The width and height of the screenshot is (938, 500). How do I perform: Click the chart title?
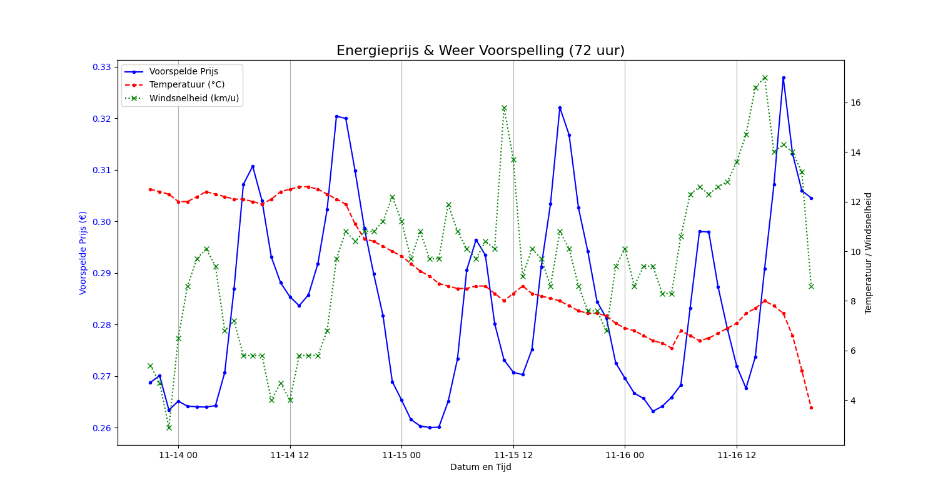pyautogui.click(x=480, y=51)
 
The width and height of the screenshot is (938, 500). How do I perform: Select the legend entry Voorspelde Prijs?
pyautogui.click(x=183, y=71)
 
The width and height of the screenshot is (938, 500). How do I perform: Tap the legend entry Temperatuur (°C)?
pyautogui.click(x=187, y=85)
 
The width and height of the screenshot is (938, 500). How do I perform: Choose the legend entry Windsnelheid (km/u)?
pyautogui.click(x=194, y=98)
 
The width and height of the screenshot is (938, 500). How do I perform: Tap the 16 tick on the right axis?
pyautogui.click(x=854, y=102)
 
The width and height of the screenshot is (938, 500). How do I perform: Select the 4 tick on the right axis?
pyautogui.click(x=852, y=400)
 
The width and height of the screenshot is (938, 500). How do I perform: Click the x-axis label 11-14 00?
pyautogui.click(x=178, y=455)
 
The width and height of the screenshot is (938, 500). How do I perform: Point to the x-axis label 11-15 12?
pyautogui.click(x=513, y=455)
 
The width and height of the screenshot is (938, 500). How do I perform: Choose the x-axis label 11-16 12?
pyautogui.click(x=737, y=455)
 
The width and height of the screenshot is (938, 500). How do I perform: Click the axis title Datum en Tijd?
pyautogui.click(x=480, y=467)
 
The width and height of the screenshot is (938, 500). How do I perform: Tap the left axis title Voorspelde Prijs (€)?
pyautogui.click(x=83, y=252)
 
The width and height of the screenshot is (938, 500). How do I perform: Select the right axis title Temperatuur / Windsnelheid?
pyautogui.click(x=869, y=252)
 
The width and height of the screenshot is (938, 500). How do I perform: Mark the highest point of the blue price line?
pyautogui.click(x=784, y=77)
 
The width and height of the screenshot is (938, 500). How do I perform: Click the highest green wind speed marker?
pyautogui.click(x=765, y=78)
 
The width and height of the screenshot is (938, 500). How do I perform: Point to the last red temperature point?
pyautogui.click(x=811, y=407)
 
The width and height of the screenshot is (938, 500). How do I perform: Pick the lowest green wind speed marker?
pyautogui.click(x=169, y=427)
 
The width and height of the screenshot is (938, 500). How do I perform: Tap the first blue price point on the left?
pyautogui.click(x=150, y=382)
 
